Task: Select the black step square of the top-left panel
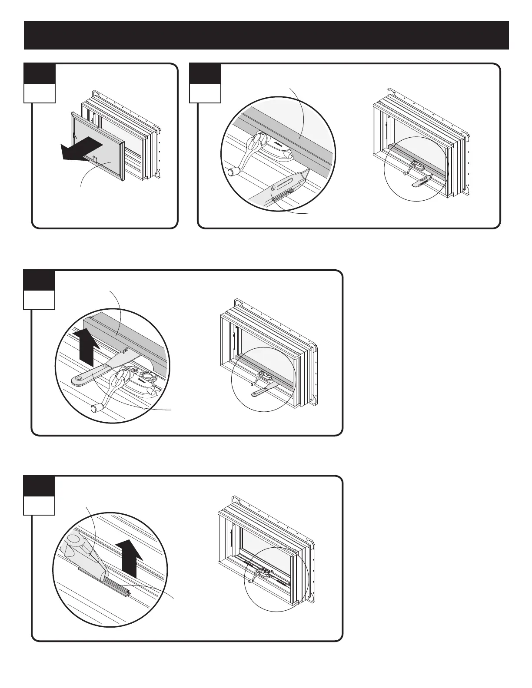[x=40, y=74]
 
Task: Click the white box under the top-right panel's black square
[x=205, y=93]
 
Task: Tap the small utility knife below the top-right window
[x=421, y=180]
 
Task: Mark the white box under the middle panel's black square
[x=39, y=300]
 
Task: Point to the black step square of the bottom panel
[x=39, y=486]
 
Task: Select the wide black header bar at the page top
[x=266, y=35]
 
